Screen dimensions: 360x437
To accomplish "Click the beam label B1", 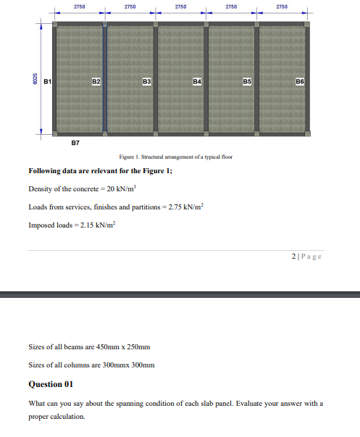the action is click(47, 81).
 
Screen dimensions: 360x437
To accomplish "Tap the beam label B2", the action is click(95, 81).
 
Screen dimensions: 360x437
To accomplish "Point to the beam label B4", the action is click(196, 81).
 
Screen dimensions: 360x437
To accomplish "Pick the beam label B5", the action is click(247, 81).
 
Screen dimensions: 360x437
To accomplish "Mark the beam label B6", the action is click(300, 81).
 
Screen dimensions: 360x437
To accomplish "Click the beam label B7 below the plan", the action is click(75, 143).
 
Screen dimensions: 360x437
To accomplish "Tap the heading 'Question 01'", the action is click(51, 384).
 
